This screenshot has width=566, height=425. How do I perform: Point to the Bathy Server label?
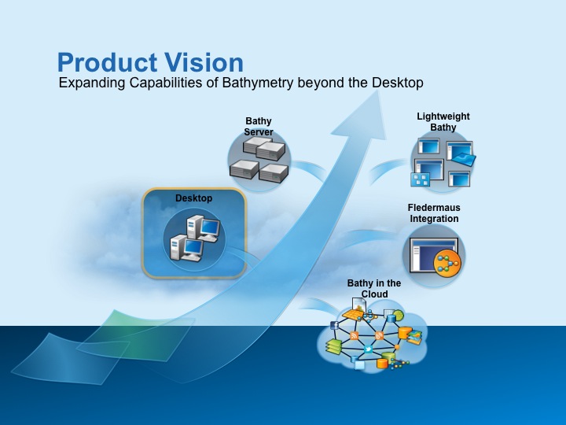coord(258,127)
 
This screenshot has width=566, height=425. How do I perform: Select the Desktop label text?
coord(193,198)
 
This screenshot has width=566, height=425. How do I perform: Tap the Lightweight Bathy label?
coord(443,122)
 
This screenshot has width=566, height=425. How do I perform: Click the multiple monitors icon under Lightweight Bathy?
coord(443,161)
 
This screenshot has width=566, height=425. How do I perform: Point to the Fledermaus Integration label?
coord(433,213)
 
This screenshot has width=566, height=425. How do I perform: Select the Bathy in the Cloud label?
coord(374,289)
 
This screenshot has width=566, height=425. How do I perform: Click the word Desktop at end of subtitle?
coord(399,83)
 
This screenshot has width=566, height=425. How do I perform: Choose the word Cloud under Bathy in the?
coord(374,294)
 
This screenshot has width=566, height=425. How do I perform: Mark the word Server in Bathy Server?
coord(258,132)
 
